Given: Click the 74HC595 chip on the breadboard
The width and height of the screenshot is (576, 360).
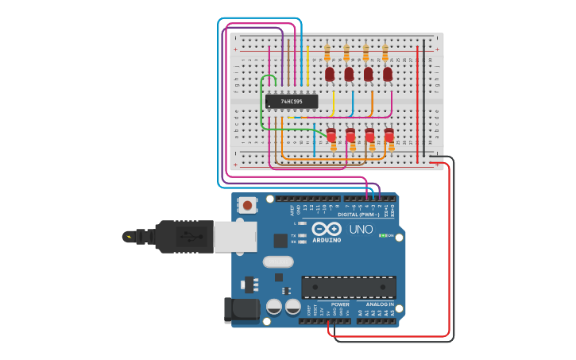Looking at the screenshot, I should pos(292,102).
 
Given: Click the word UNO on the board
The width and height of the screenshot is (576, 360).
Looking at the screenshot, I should pos(361,230).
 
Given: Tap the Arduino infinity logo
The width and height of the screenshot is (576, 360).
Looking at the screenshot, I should pos(326,229).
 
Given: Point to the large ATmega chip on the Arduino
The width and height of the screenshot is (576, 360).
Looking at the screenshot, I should pos(349,287).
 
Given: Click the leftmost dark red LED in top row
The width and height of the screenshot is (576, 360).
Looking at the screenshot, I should pos(330,74).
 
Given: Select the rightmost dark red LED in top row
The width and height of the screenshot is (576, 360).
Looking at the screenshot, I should pos(388,74).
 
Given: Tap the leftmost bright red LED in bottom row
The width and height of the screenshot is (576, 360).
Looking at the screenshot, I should pos(331,135).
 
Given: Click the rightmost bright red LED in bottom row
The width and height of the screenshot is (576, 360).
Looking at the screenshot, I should pos(389,135).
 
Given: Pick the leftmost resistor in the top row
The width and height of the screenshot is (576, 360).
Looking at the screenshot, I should pos(327,52).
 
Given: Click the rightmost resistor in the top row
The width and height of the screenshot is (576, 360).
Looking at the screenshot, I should pos(385,52).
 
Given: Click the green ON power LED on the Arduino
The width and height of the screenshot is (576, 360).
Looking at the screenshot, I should pos(383,235).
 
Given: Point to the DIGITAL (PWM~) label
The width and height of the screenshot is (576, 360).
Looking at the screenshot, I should pos(359,215).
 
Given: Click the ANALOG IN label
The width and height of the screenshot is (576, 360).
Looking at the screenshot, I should pos(380,304).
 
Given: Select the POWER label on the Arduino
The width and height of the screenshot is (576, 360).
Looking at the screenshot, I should pos(340,304).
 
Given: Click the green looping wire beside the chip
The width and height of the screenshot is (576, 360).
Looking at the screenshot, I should pos(263,103).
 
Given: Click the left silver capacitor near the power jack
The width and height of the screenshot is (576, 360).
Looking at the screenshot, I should pos(275,306).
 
